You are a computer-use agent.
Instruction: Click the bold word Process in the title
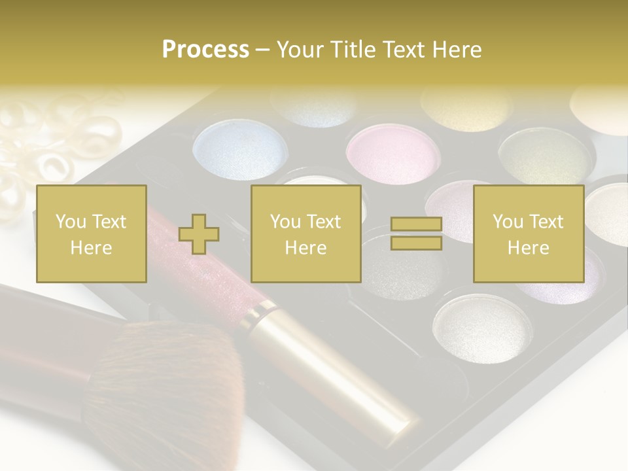[x=205, y=49]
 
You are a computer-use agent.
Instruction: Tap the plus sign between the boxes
[x=199, y=234]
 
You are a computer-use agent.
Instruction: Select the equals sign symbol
[x=416, y=234]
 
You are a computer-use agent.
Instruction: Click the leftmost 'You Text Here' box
[x=91, y=234]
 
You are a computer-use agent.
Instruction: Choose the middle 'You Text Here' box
[x=305, y=234]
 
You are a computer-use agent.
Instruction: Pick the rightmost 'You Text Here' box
[x=528, y=234]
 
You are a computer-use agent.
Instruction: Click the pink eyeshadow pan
[x=392, y=154]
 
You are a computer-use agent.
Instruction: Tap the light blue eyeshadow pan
[x=241, y=148]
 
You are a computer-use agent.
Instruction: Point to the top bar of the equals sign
[x=416, y=224]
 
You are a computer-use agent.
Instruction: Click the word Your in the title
[x=300, y=49]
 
